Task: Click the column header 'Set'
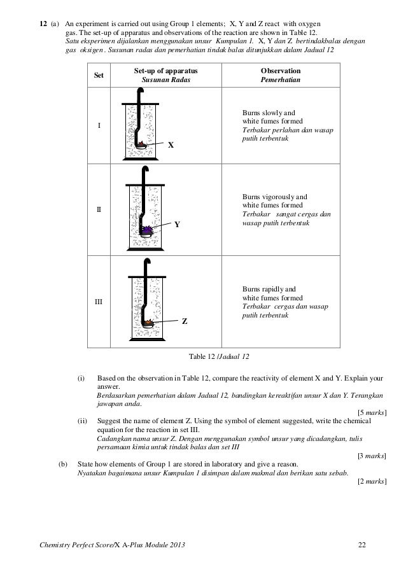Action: coord(99,75)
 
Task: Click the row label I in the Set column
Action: coord(99,125)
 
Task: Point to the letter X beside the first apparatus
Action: coord(170,146)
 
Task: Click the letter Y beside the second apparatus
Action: coord(177,225)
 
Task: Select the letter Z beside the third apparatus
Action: coord(185,321)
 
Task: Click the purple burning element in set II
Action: coord(149,228)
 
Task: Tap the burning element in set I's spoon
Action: coord(143,144)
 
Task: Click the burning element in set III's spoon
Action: coord(149,323)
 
